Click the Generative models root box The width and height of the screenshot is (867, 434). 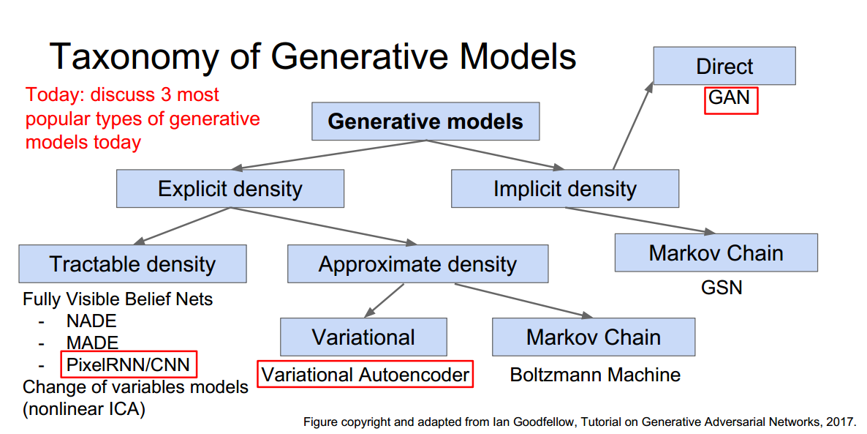click(x=425, y=121)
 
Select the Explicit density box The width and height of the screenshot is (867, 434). click(x=230, y=189)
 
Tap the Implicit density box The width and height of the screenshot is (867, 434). click(x=564, y=189)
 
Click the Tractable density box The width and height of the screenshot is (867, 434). click(x=132, y=264)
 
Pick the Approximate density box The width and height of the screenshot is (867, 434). click(x=417, y=264)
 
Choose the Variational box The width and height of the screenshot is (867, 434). click(x=363, y=337)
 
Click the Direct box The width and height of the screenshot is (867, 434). click(x=724, y=67)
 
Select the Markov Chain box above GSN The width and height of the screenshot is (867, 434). click(x=716, y=253)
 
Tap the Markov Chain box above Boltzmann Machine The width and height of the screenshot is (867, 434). click(x=593, y=337)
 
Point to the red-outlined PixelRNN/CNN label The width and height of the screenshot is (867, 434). click(x=129, y=364)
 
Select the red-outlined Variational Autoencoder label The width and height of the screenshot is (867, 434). click(x=365, y=375)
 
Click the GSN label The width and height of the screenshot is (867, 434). click(x=721, y=287)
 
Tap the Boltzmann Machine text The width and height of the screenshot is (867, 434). click(x=594, y=375)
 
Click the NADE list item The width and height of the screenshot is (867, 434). click(x=91, y=321)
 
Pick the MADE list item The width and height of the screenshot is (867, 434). click(x=92, y=343)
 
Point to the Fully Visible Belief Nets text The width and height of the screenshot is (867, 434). click(x=118, y=299)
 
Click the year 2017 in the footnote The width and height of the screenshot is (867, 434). click(x=840, y=422)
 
